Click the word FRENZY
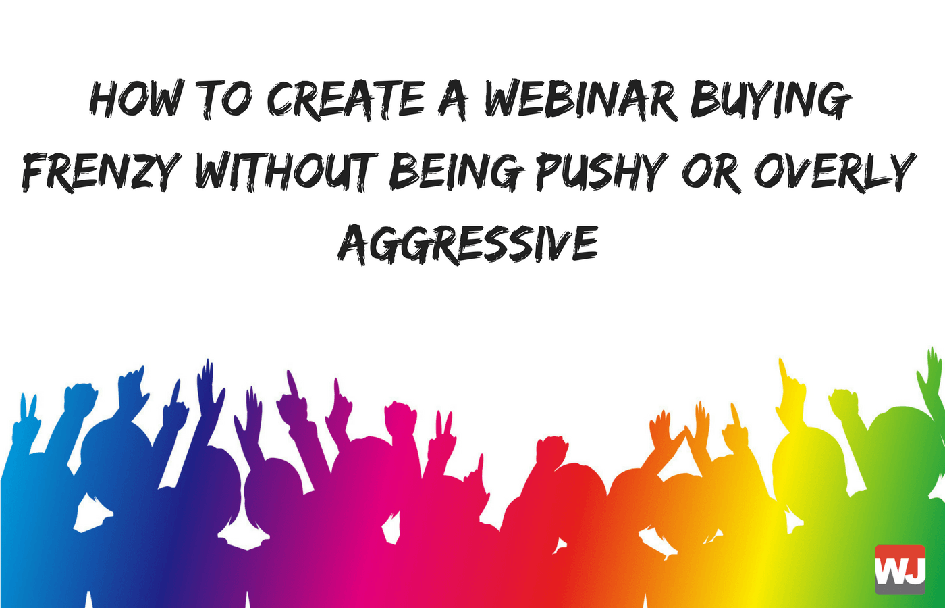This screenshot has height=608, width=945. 101,172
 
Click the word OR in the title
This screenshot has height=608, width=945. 709,172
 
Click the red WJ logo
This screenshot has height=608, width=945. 900,569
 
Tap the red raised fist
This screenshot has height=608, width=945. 550,449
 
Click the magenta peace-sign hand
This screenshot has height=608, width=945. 443,432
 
